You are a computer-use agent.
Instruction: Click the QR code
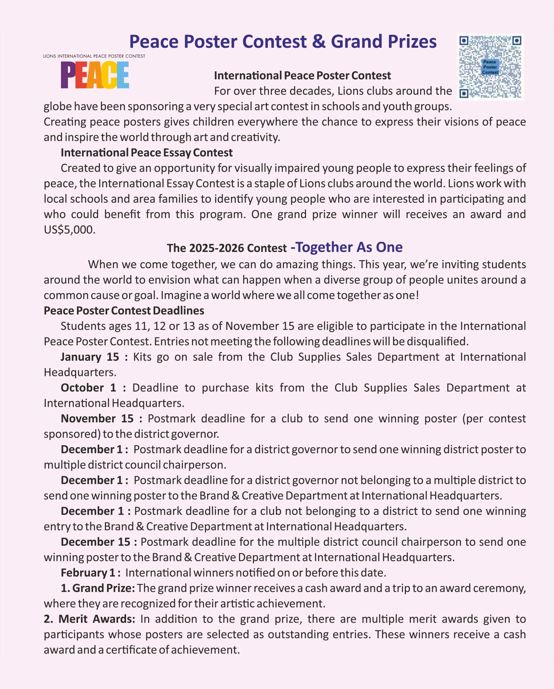[x=490, y=67]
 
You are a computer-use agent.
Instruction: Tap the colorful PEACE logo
[x=95, y=75]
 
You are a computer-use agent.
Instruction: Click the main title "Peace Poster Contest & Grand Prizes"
[x=283, y=41]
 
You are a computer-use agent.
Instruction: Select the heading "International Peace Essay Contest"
[x=147, y=153]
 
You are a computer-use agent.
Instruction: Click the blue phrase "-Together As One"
[x=346, y=247]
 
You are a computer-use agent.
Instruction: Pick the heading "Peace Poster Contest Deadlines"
[x=124, y=311]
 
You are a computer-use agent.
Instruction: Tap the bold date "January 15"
[x=90, y=357]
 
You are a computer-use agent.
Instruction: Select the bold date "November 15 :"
[x=101, y=419]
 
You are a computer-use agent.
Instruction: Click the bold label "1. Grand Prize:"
[x=98, y=588]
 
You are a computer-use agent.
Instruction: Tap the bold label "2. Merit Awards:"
[x=89, y=619]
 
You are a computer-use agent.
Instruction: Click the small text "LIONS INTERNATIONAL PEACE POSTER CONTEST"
[x=94, y=56]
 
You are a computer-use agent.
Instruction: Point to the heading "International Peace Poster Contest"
[x=302, y=76]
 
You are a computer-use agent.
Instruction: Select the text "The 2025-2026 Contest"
[x=226, y=248]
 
